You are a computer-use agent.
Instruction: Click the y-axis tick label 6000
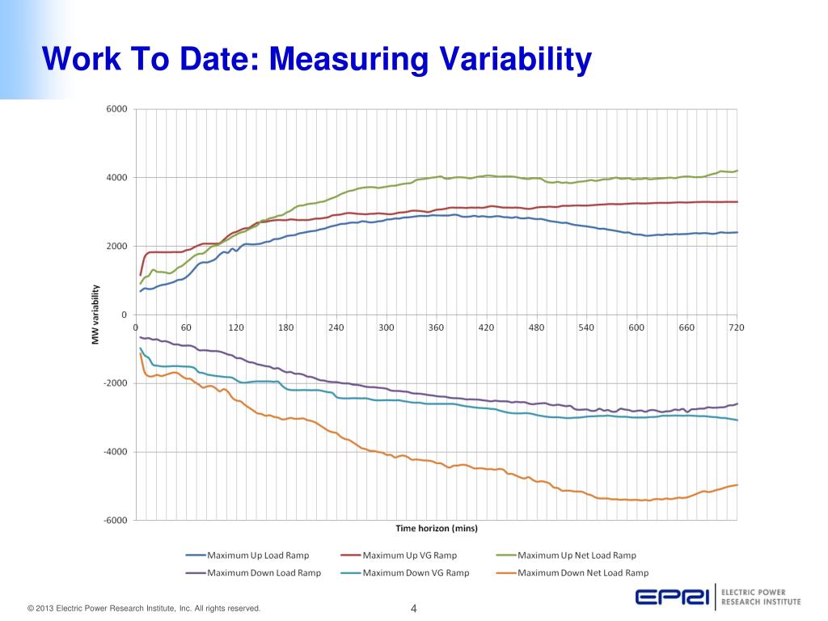click(116, 109)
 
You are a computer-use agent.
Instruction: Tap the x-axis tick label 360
click(436, 327)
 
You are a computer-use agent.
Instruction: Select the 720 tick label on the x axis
click(736, 327)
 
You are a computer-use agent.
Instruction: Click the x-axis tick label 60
click(186, 327)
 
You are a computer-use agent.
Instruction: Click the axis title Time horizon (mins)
click(437, 529)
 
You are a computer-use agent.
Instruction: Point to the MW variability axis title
click(95, 315)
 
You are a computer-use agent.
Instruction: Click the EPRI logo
click(670, 598)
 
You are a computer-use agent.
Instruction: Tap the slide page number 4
click(413, 608)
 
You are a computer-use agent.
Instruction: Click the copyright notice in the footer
click(144, 609)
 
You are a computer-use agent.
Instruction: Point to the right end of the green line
click(737, 171)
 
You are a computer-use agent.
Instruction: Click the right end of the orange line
click(737, 484)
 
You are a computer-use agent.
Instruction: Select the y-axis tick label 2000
click(116, 247)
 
